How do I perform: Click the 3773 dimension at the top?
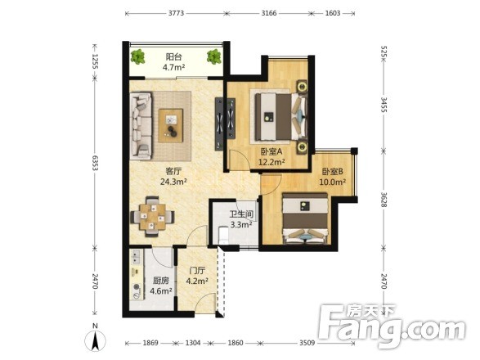pos(176,13)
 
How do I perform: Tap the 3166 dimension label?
pos(269,13)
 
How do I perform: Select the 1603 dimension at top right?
pos(333,13)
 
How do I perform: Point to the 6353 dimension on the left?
pos(95,163)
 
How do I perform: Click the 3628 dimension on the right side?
pos(384,199)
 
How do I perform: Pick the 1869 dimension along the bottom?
pos(150,343)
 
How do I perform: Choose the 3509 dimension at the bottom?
pos(307,343)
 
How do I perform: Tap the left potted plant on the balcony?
pos(137,56)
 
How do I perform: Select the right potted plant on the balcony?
pos(213,56)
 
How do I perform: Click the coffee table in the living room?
pos(171,126)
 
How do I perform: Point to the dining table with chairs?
pos(152,217)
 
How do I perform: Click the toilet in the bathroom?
pos(223,236)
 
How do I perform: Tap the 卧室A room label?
pos(271,151)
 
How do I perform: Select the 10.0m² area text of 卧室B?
pos(333,182)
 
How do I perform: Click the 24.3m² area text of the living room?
pos(173,182)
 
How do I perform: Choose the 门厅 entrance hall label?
pos(197,271)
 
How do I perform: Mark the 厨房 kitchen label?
pos(161,281)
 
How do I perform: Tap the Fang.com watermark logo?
pos(393,326)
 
